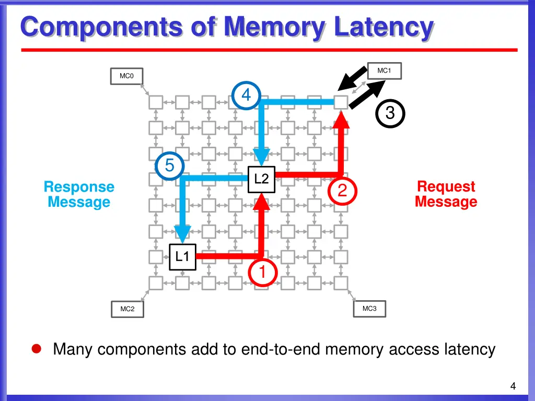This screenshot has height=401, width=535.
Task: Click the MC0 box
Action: (x=126, y=76)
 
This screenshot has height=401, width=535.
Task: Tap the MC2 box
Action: (x=127, y=309)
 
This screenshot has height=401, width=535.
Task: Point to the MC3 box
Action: (x=369, y=309)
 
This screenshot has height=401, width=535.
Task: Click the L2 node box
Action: (x=261, y=179)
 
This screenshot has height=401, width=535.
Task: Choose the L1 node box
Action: (x=182, y=256)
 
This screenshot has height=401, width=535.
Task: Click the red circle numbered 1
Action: (x=262, y=273)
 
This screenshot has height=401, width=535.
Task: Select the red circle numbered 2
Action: (x=342, y=191)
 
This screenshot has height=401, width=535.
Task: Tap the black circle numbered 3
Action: (x=390, y=113)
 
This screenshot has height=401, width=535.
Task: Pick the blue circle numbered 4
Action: (x=246, y=96)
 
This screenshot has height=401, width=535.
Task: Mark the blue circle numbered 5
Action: (x=170, y=166)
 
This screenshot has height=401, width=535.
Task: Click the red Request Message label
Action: (x=446, y=194)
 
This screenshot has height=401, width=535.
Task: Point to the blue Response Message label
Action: (x=79, y=194)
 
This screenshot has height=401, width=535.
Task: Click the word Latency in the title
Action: (x=383, y=27)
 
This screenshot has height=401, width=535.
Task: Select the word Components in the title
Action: (x=102, y=27)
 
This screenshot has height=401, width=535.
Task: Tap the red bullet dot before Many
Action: (x=37, y=349)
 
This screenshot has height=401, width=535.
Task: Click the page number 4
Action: (x=513, y=386)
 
